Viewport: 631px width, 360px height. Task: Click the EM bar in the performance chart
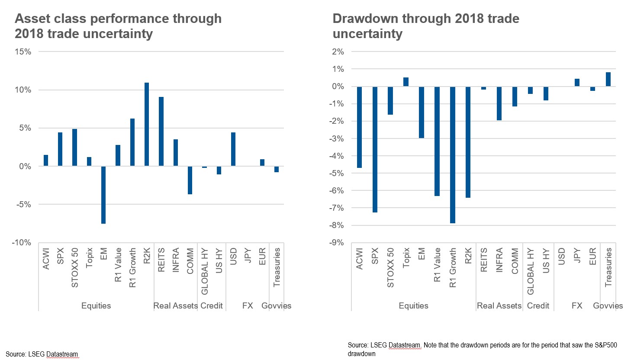click(103, 195)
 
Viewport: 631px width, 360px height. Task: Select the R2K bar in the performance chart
click(147, 124)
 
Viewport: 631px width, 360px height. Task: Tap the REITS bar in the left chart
click(161, 131)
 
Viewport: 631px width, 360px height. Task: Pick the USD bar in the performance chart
click(233, 149)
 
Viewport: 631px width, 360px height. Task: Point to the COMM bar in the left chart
click(190, 180)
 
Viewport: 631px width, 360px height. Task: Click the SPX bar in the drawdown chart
click(375, 149)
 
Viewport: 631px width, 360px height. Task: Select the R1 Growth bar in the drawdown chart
click(453, 154)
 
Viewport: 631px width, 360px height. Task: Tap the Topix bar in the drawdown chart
click(406, 82)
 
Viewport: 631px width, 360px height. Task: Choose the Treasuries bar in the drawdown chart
click(608, 79)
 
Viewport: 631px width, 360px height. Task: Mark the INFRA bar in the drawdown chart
click(499, 103)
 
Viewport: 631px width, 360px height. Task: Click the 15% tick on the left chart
click(23, 52)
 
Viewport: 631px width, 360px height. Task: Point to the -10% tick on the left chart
click(22, 243)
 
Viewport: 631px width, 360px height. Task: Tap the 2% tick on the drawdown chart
click(338, 52)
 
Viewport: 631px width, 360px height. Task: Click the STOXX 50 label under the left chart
click(75, 267)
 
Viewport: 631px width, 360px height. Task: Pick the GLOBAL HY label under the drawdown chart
click(531, 271)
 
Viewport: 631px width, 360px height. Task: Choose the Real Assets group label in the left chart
click(175, 306)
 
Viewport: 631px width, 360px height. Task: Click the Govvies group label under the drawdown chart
click(608, 306)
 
